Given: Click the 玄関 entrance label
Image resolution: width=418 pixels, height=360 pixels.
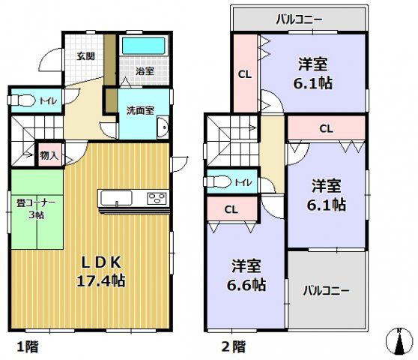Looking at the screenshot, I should (86, 55).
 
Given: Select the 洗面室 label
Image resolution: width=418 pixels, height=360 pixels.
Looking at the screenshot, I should (139, 110).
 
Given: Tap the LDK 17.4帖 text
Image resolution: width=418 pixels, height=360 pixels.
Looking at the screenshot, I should (103, 271).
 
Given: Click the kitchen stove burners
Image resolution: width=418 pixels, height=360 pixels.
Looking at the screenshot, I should (157, 199).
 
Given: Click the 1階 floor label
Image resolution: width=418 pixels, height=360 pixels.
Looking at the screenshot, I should (28, 346).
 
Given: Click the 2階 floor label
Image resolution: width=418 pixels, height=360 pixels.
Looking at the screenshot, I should (233, 346).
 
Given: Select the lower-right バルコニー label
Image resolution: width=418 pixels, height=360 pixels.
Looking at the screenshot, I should (327, 290).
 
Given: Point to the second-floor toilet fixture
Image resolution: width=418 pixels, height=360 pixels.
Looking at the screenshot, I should (217, 182).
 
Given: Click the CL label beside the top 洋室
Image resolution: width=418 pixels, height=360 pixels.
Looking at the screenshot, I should (244, 73).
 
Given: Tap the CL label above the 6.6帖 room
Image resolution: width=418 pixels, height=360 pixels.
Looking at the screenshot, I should (231, 209).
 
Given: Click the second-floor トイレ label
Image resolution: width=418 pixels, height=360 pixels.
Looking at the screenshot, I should (243, 182).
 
